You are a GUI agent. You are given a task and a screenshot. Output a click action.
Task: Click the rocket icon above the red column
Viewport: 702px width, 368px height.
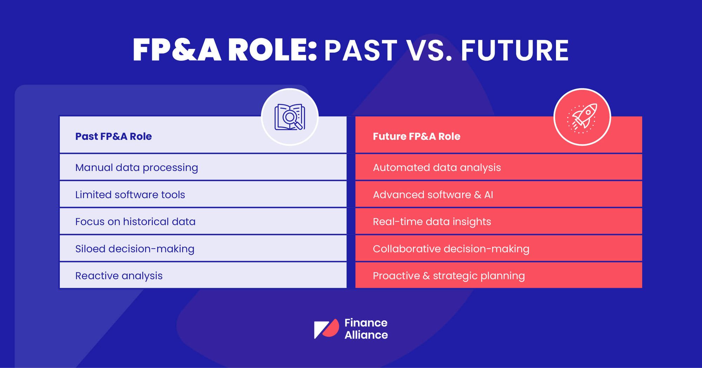pyautogui.click(x=582, y=117)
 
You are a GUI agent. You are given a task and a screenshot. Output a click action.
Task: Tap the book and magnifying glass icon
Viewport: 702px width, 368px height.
pyautogui.click(x=290, y=117)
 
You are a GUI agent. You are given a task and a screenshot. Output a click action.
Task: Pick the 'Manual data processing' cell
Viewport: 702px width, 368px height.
pyautogui.click(x=203, y=167)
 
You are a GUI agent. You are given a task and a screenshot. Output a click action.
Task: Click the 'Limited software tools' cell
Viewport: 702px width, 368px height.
pyautogui.click(x=203, y=195)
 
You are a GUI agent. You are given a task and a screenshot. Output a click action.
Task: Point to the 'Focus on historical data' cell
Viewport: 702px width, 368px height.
pyautogui.click(x=203, y=222)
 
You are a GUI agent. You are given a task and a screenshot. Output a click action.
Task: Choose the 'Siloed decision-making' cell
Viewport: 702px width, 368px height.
pyautogui.click(x=203, y=248)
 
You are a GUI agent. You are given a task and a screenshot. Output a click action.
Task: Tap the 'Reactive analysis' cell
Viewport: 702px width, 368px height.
pyautogui.click(x=203, y=275)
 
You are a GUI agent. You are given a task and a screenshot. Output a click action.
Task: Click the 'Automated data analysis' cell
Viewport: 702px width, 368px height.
pyautogui.click(x=499, y=167)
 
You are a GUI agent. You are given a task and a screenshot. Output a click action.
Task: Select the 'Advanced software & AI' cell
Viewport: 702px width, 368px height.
pyautogui.click(x=499, y=195)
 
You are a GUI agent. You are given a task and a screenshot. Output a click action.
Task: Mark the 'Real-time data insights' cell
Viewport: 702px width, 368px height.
pyautogui.click(x=499, y=222)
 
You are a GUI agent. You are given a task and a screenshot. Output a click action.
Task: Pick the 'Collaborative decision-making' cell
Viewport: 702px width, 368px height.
pyautogui.click(x=499, y=248)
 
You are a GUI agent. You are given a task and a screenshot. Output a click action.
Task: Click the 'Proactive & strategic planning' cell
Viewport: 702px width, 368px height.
pyautogui.click(x=499, y=275)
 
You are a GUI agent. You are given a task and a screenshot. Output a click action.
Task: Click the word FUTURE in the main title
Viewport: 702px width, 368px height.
pyautogui.click(x=515, y=50)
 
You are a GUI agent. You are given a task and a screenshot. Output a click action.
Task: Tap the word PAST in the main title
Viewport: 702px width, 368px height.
pyautogui.click(x=360, y=50)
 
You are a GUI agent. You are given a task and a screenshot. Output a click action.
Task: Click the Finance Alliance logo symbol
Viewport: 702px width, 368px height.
pyautogui.click(x=326, y=329)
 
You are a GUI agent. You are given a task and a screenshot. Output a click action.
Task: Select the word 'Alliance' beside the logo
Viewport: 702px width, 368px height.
pyautogui.click(x=366, y=335)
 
